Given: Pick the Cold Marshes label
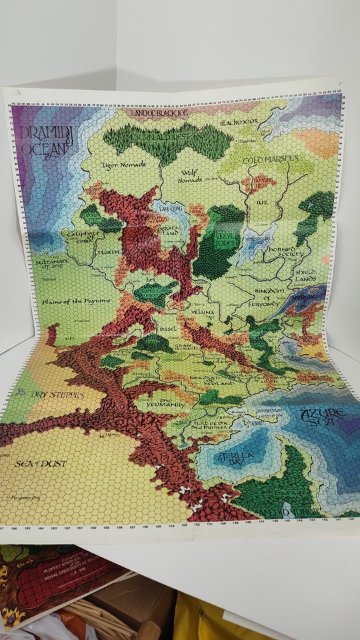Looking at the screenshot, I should click(x=266, y=161).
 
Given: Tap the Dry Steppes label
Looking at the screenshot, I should click(x=59, y=395).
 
